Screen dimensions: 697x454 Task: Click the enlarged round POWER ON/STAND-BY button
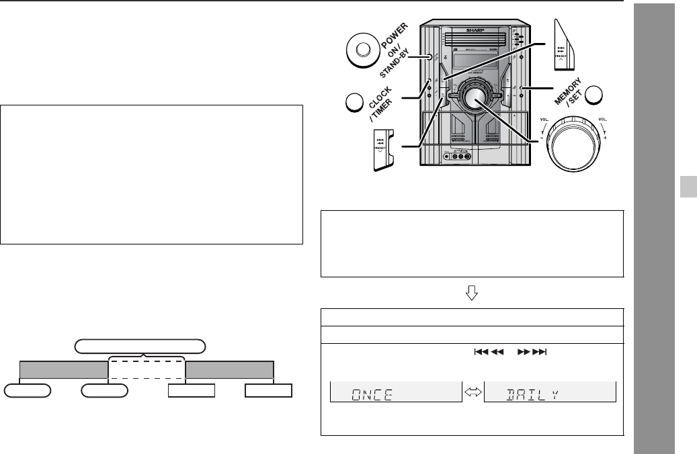362,50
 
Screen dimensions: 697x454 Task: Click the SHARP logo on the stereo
475,31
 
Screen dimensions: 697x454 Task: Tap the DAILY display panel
550,392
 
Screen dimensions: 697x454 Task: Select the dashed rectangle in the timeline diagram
147,370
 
